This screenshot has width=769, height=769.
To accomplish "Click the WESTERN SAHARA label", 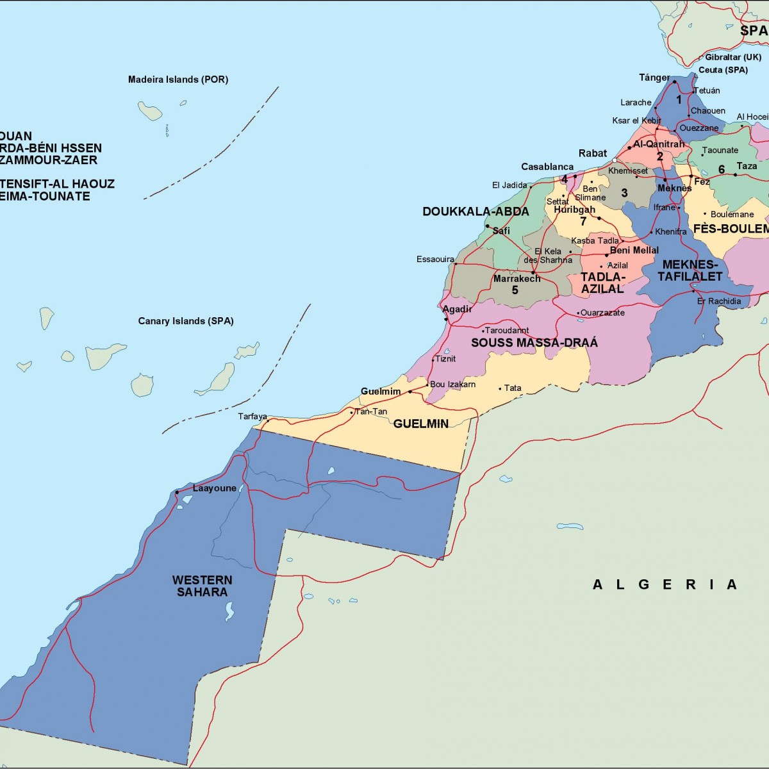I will click(202, 586).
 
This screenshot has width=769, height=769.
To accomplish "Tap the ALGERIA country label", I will click(665, 584).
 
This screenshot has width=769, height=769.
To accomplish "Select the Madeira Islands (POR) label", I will click(178, 79).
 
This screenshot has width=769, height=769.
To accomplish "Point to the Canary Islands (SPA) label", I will click(185, 321).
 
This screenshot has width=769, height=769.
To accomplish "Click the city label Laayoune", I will click(214, 488).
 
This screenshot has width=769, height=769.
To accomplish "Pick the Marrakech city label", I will click(517, 279).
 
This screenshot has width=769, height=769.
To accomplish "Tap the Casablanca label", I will click(547, 167).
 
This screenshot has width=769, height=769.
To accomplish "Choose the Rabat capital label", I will click(592, 153).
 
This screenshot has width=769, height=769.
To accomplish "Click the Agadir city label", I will click(457, 309).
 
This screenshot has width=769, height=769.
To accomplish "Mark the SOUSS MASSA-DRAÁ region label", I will click(534, 343).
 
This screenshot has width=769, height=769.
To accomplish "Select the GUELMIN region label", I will click(420, 424).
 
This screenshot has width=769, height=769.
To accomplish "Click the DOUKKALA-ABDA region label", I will click(475, 211).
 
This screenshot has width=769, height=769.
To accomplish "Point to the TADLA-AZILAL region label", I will click(602, 283).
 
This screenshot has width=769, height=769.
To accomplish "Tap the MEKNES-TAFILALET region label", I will click(690, 270).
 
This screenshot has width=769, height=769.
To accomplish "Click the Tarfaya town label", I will click(252, 417).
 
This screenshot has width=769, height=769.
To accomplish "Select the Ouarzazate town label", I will click(602, 313).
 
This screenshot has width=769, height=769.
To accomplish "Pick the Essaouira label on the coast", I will click(435, 260).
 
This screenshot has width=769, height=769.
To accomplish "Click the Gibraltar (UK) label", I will click(733, 57).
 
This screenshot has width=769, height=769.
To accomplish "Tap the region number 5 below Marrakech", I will click(515, 290).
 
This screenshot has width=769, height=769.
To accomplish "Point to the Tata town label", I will click(513, 388).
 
